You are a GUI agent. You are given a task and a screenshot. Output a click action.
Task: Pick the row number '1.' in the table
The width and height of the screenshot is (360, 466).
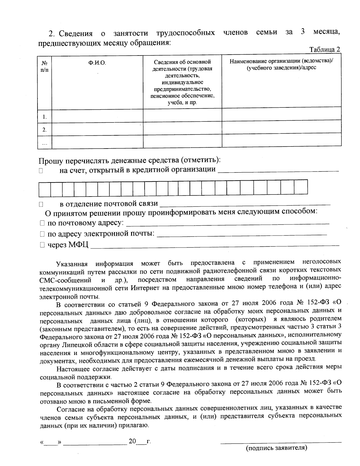coord(44,117)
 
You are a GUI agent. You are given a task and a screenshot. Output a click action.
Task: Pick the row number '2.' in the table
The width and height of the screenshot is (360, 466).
coord(44,130)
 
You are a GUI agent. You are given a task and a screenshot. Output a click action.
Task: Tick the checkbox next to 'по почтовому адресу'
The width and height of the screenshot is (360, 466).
coord(42,224)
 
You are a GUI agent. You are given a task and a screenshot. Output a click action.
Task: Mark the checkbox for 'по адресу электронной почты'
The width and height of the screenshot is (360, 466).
coord(42,234)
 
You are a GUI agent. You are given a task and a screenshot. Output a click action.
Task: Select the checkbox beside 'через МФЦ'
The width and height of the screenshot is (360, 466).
coord(42,245)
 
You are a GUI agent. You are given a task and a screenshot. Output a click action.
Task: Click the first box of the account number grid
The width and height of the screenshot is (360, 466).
coord(44,188)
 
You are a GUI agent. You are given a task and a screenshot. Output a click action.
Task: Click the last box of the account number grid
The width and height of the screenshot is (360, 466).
coord(301,187)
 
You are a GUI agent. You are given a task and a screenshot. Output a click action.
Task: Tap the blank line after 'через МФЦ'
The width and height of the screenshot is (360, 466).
coord(214,246)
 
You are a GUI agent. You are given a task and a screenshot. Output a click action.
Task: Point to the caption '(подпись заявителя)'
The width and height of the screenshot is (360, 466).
coord(276,448)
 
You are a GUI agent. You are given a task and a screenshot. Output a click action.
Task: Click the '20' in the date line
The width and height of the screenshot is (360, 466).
coord(132,441)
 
